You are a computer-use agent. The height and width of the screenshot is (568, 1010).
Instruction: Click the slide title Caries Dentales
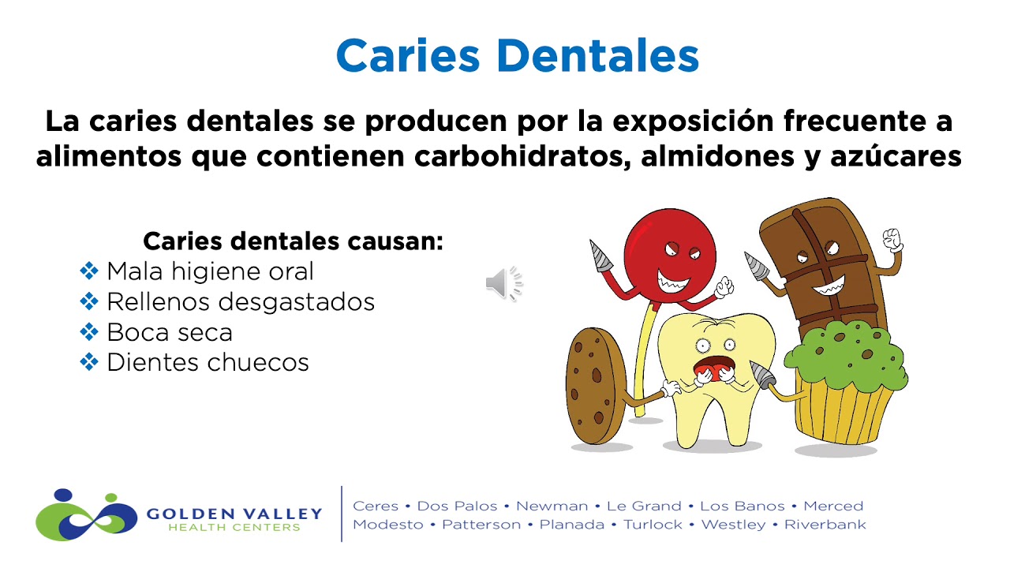518,55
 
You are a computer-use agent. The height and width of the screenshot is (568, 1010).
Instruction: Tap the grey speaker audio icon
503,283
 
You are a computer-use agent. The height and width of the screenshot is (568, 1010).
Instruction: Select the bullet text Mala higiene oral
210,271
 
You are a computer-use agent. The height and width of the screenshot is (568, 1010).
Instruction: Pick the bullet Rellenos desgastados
240,301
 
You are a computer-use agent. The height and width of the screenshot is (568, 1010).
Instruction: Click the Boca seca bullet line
169,332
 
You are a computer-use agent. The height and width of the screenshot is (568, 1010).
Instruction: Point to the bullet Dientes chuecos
208,362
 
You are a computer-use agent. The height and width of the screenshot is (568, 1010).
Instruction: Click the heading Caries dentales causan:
293,241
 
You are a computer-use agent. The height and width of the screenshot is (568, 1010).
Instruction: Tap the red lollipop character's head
669,252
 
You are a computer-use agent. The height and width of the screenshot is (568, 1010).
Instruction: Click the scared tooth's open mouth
715,368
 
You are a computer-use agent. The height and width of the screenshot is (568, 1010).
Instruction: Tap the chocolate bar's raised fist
892,238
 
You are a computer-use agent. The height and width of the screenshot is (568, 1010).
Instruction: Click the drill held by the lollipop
601,256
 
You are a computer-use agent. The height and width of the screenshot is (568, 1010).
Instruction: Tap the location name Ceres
375,506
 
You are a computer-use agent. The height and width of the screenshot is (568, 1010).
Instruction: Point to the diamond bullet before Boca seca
89,332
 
